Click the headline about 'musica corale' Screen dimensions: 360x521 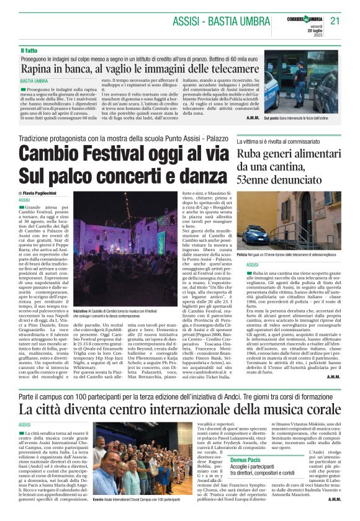point(180,391)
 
